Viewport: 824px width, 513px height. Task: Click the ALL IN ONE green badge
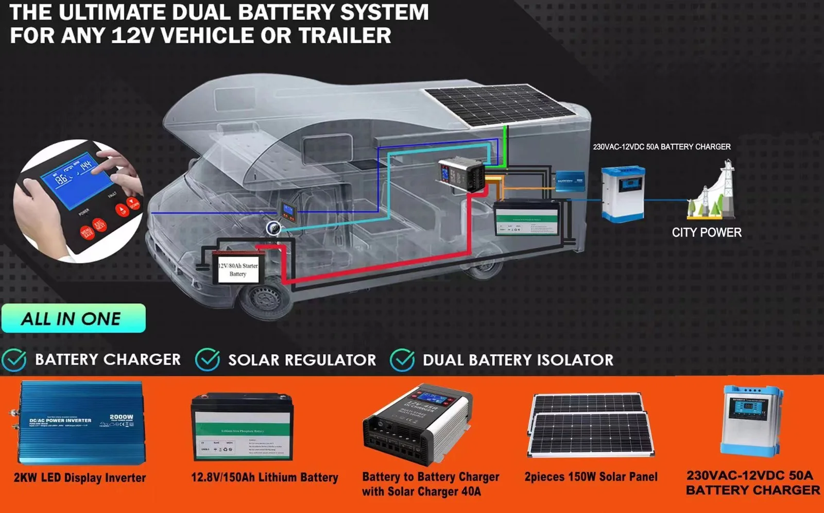coord(73,318)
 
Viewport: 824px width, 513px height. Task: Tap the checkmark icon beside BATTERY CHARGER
coord(14,360)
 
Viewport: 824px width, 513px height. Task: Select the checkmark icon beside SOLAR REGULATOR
coord(208,360)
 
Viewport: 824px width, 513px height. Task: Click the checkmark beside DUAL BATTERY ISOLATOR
coord(402,360)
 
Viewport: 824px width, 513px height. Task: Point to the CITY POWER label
coord(707,232)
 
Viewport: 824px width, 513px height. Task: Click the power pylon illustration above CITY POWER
coord(713,191)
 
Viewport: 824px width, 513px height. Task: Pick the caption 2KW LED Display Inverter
coord(80,477)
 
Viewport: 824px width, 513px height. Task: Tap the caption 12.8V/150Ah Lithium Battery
coord(265,477)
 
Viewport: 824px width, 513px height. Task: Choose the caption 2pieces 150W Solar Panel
coord(591,477)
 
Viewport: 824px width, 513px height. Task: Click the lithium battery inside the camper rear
coord(526,218)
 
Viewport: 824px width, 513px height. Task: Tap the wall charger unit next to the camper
coord(623,194)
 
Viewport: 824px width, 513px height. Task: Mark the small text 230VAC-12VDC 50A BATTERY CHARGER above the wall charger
coord(661,147)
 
